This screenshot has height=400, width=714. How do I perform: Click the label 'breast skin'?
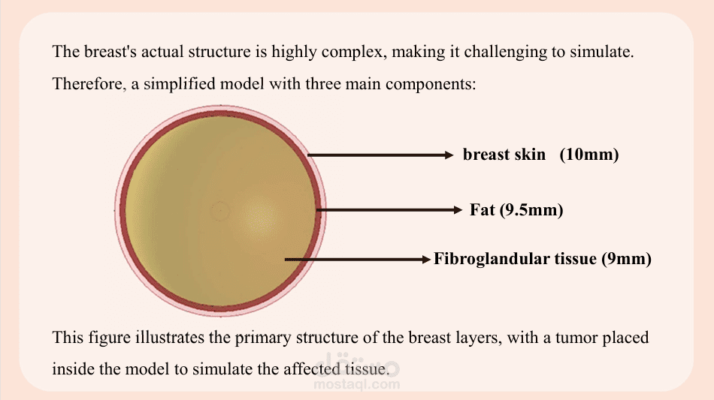coord(504,155)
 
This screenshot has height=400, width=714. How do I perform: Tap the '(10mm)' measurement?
coord(589,155)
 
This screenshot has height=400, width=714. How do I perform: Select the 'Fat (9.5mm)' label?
coord(516,210)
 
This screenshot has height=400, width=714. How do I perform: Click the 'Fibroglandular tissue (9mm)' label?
coord(543,259)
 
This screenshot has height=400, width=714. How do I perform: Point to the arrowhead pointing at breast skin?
coord(449,155)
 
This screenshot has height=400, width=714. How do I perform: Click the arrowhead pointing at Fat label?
coord(458,209)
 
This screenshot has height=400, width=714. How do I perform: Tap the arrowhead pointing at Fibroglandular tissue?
coord(426,260)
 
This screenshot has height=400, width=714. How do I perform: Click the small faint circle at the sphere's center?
coord(220,210)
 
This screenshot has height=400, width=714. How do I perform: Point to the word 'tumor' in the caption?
coord(576,338)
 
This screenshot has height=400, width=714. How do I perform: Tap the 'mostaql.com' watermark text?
coord(357,385)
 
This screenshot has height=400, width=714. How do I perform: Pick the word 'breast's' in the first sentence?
coord(110,52)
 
